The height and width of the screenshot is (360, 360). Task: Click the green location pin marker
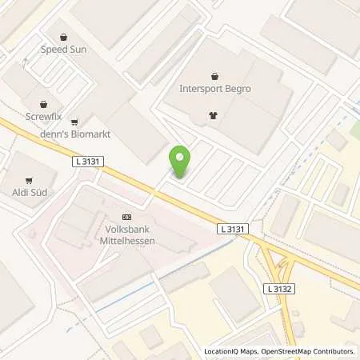point(180,162)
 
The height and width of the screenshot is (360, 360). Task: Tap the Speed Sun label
point(63,48)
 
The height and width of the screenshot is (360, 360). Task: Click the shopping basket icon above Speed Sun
point(63,35)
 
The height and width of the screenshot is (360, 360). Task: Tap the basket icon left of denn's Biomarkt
point(74,122)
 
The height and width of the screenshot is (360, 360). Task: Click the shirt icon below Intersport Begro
point(214,114)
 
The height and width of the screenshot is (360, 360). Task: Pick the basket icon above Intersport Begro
point(214,76)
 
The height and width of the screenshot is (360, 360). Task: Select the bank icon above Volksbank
point(126,217)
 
